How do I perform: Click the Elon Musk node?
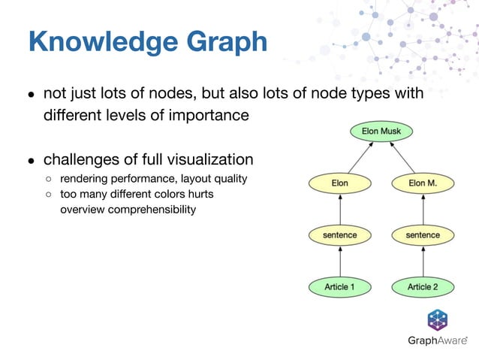[x=381, y=132]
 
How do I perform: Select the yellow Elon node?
[x=339, y=183]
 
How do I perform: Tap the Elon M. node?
[x=422, y=183]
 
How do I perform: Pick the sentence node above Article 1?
[x=339, y=235]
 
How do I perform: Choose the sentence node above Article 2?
[x=422, y=235]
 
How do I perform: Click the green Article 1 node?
[x=339, y=286]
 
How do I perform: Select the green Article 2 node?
[x=422, y=286]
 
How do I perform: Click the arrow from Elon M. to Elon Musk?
[x=403, y=159]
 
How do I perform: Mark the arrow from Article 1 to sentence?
[x=339, y=261]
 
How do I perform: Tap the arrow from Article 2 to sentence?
[x=422, y=261]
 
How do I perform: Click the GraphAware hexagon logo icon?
[x=438, y=319]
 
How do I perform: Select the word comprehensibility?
[x=152, y=209]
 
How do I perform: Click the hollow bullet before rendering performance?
[x=49, y=179]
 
